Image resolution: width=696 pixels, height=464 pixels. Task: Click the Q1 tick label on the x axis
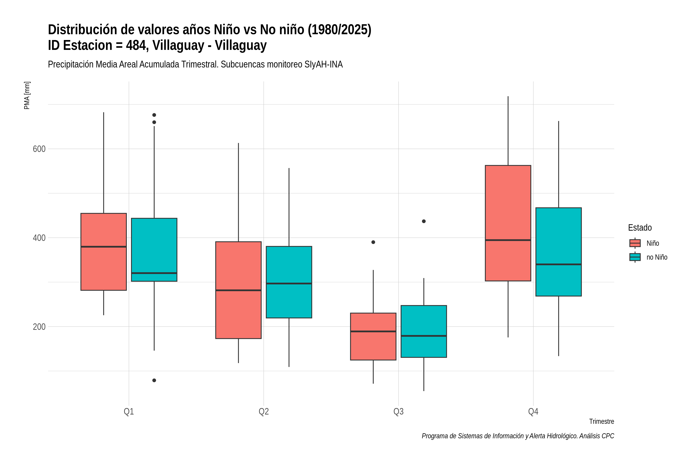[129, 412]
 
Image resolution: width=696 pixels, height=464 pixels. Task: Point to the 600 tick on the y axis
[39, 149]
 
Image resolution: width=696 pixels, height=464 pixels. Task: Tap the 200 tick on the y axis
[39, 327]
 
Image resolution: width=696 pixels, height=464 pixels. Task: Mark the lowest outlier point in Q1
[154, 380]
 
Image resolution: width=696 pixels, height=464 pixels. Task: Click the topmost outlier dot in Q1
[154, 115]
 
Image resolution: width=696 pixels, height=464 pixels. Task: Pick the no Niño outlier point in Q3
[424, 221]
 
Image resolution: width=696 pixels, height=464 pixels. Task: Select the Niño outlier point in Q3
[373, 242]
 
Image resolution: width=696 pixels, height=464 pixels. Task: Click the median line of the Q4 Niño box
[508, 240]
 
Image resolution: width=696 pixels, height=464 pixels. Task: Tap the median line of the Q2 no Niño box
[289, 283]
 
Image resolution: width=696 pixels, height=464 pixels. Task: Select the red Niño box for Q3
[373, 336]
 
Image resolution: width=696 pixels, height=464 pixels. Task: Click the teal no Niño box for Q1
[154, 250]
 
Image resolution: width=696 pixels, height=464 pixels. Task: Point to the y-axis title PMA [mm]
[27, 96]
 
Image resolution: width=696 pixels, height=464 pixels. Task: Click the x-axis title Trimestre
[602, 421]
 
